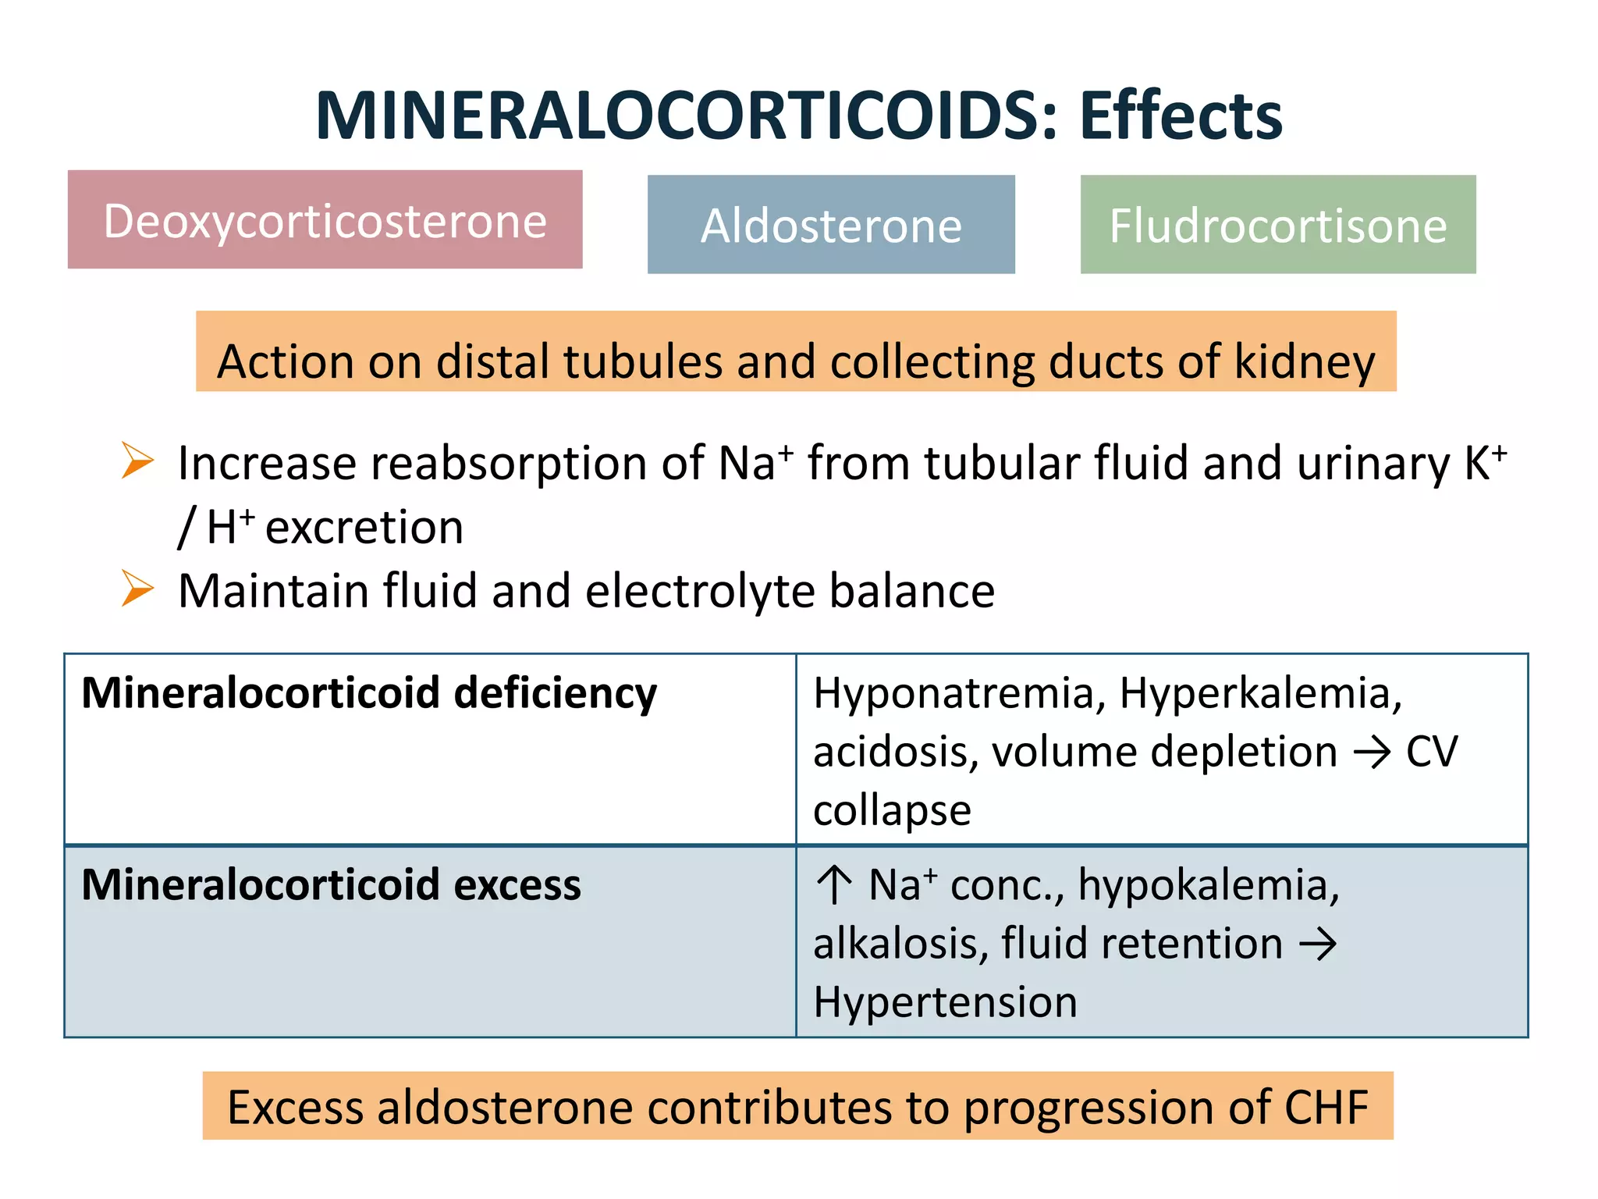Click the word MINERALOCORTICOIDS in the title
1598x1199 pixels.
click(676, 116)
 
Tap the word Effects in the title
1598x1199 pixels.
click(1181, 116)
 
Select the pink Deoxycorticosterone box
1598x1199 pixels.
click(325, 220)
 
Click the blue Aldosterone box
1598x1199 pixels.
click(831, 225)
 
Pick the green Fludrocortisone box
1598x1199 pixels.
click(1277, 225)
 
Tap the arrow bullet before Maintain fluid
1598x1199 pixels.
click(138, 588)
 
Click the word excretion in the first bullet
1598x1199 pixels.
click(364, 527)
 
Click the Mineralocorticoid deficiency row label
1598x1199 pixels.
click(369, 693)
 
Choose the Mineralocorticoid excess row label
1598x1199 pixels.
click(331, 884)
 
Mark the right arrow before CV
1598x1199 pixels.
click(1372, 752)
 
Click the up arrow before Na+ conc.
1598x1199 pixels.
click(834, 885)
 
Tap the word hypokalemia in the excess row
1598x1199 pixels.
click(1208, 885)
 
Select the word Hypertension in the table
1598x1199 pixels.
click(945, 1002)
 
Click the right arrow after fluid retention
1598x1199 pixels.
click(1318, 945)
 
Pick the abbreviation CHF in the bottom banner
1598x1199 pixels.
click(1326, 1107)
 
